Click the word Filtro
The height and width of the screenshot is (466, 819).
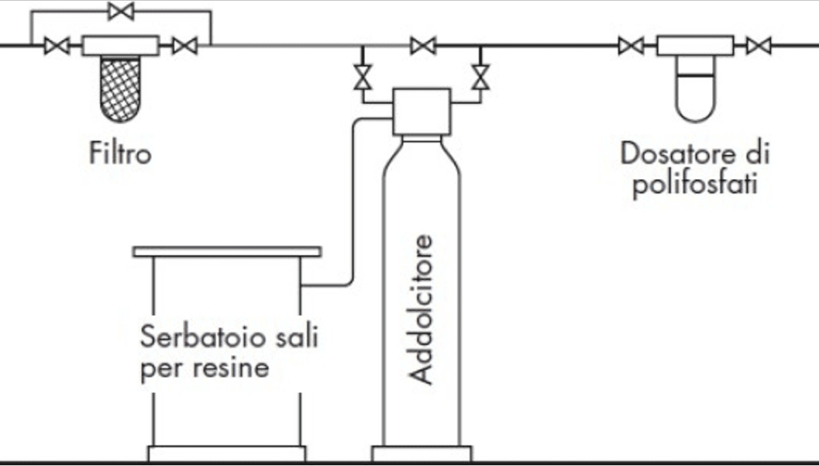120,152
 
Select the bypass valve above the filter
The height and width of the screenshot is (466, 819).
121,11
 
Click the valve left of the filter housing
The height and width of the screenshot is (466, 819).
57,46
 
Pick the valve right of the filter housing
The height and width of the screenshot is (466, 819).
185,46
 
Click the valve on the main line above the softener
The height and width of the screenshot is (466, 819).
423,46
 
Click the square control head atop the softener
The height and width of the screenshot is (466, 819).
421,112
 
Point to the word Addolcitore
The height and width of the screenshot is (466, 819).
421,309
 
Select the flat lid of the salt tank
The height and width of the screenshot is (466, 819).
227,252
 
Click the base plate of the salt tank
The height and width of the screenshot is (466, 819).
227,454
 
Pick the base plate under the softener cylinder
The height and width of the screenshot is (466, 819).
421,454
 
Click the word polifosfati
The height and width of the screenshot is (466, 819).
694,185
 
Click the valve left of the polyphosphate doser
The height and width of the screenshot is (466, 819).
630,46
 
